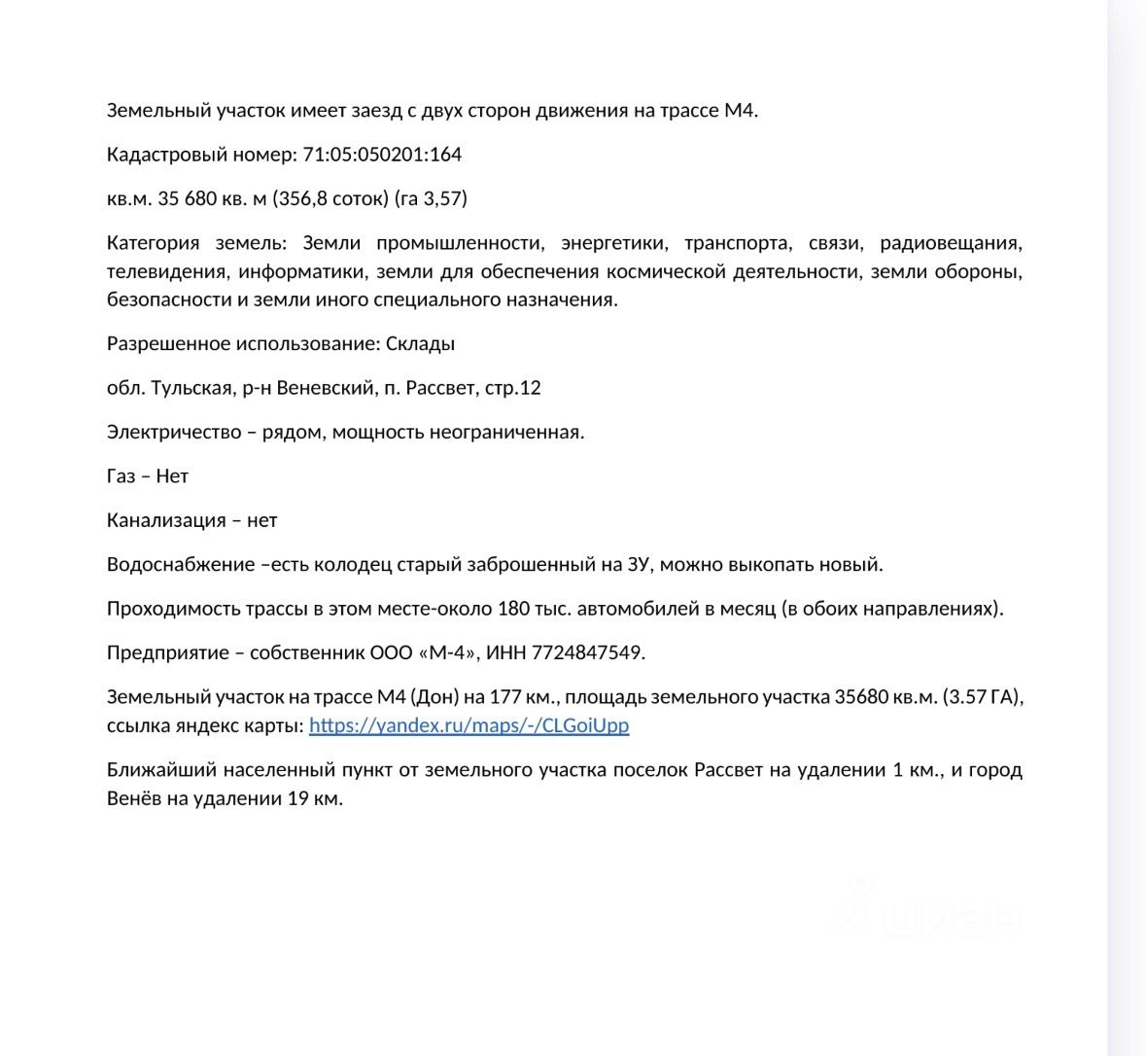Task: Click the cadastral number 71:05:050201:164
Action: (382, 155)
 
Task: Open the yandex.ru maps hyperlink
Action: (469, 725)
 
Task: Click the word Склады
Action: (420, 343)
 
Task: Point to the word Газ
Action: (121, 476)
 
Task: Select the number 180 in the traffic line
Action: (513, 609)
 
